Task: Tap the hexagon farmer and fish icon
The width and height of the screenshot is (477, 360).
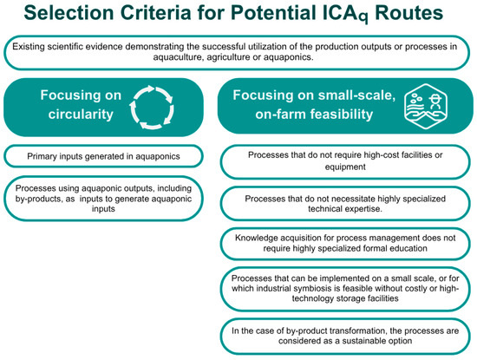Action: click(x=426, y=106)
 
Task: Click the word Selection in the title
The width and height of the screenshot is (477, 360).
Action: click(x=69, y=13)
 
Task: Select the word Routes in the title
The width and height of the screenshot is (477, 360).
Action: click(x=408, y=13)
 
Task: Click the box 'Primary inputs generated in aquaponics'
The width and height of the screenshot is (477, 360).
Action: click(x=103, y=156)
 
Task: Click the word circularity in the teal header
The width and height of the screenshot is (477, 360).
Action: click(x=81, y=115)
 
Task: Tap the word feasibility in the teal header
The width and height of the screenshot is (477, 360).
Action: click(x=342, y=115)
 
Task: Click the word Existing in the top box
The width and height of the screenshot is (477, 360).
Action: click(x=29, y=47)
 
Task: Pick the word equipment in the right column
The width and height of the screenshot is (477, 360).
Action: click(x=345, y=167)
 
